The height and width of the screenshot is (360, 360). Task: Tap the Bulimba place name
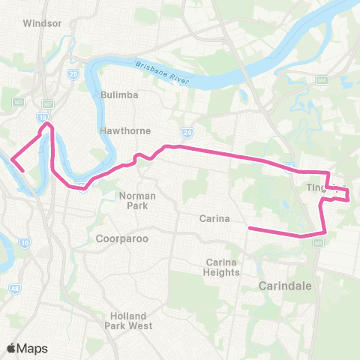point(116,95)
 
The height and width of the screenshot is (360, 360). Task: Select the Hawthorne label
point(126,130)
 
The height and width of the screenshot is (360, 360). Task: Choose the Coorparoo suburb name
point(122,238)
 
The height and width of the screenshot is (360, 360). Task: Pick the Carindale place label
point(285,286)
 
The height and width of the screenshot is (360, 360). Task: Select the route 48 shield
point(15,288)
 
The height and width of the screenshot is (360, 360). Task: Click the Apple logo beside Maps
point(12,348)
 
